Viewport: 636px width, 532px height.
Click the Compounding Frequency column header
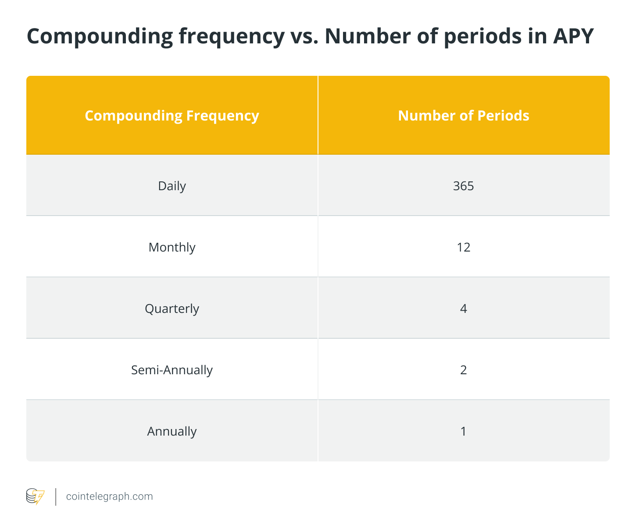pos(172,115)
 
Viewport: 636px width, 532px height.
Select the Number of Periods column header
pos(464,115)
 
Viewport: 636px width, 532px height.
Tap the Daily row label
pos(172,186)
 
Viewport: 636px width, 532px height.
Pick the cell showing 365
pos(464,186)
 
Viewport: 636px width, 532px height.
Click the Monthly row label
pos(172,247)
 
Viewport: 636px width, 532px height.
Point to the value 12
pos(464,247)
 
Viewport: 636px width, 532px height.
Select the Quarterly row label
pos(172,309)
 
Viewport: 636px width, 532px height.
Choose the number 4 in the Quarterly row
pos(464,309)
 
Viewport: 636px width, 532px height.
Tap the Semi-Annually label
pos(172,370)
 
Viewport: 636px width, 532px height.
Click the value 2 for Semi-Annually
pos(464,370)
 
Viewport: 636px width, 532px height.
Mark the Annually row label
pos(172,431)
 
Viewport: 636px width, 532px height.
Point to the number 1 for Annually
pos(464,431)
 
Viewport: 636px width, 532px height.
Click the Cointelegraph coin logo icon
pos(35,497)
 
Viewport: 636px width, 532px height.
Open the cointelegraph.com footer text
pos(109,497)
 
